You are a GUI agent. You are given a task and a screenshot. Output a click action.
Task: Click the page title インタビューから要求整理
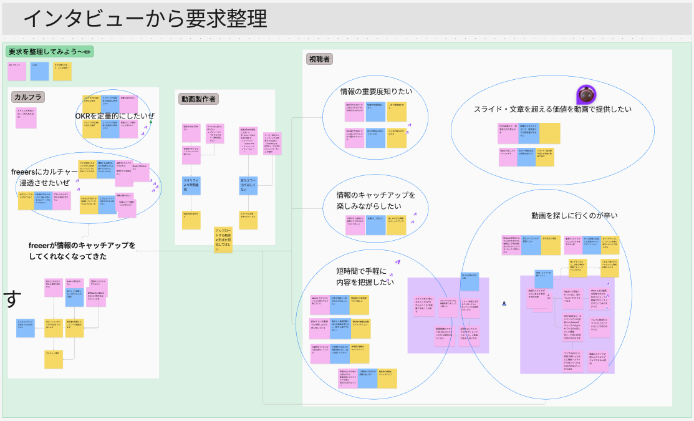(145, 19)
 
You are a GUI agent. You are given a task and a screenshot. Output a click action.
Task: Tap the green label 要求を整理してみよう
(49, 51)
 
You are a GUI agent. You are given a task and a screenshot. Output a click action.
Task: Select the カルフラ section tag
(28, 97)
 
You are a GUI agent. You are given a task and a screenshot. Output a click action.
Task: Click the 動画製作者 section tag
(199, 99)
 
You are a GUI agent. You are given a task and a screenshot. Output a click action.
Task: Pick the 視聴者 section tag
(319, 59)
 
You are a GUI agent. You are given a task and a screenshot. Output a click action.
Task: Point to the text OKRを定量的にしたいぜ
(115, 116)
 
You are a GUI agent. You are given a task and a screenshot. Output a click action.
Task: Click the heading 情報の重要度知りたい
(376, 92)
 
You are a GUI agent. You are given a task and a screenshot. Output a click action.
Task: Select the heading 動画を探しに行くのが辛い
(574, 215)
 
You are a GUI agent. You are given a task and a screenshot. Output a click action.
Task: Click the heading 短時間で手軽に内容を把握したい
(365, 276)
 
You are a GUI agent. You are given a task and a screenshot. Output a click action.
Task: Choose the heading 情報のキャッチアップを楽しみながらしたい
(375, 200)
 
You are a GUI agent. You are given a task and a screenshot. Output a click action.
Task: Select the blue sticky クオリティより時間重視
(191, 185)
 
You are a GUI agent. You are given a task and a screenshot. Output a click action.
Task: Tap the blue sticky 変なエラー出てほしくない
(248, 185)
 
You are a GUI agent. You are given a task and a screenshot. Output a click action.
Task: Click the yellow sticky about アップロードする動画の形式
(223, 240)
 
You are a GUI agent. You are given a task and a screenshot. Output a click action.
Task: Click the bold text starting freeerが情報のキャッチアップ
(82, 250)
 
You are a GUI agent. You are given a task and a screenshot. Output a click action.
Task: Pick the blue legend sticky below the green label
(40, 70)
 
